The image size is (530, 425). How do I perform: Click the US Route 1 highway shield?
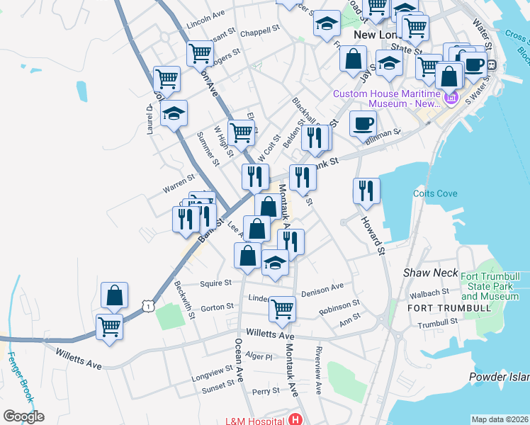click(x=147, y=305)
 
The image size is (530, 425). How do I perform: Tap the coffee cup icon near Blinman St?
click(x=363, y=123)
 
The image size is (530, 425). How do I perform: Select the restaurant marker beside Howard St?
click(x=366, y=191)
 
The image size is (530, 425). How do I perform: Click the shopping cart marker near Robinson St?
click(x=282, y=308)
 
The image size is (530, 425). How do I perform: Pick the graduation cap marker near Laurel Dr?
click(x=174, y=114)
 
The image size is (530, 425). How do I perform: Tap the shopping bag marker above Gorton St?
click(x=114, y=295)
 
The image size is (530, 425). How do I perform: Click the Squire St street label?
click(x=216, y=283)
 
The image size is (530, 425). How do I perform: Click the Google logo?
click(x=23, y=416)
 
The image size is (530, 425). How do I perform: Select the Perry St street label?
click(x=266, y=391)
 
